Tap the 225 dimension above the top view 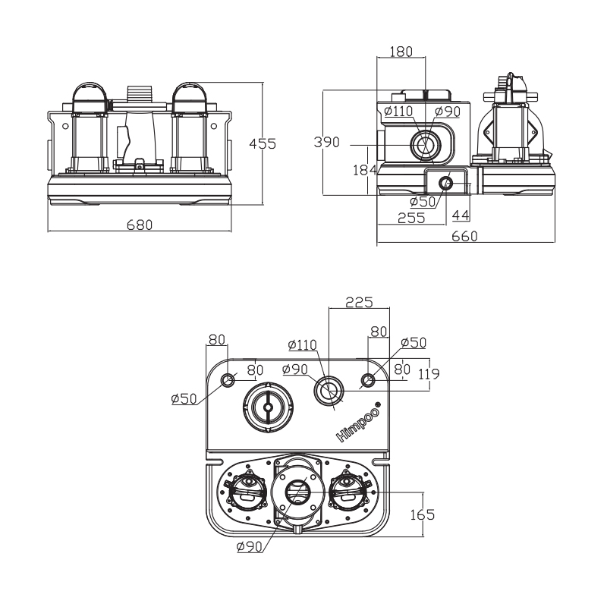click(x=358, y=302)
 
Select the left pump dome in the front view click(x=90, y=97)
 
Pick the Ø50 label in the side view click(x=422, y=201)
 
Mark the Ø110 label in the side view click(x=398, y=112)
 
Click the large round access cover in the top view click(x=268, y=407)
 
